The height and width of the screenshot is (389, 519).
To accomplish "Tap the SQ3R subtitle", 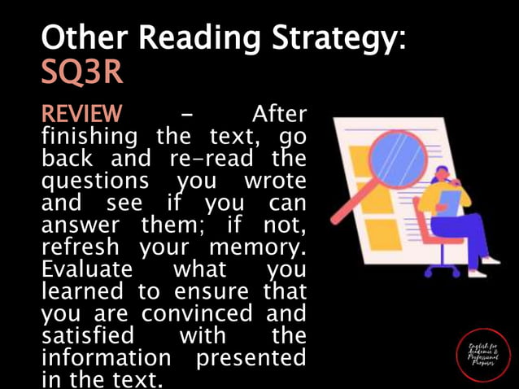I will [x=82, y=72].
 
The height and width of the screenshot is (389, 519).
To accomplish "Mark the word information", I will [x=106, y=356].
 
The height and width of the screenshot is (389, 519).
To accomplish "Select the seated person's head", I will [x=444, y=174].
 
